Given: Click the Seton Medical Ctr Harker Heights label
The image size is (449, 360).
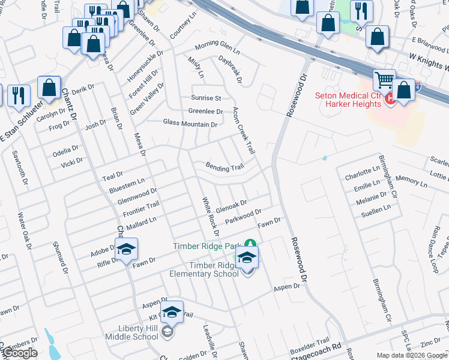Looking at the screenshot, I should tap(348, 100).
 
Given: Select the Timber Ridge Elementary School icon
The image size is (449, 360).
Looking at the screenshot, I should tap(246, 258).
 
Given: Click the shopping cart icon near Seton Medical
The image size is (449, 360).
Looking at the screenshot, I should tap(384, 80).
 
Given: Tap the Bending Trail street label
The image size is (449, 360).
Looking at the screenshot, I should tap(225, 167).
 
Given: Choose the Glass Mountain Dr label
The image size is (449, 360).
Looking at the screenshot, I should tap(190, 124).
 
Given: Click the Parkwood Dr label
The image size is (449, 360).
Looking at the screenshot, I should tap(244, 216).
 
